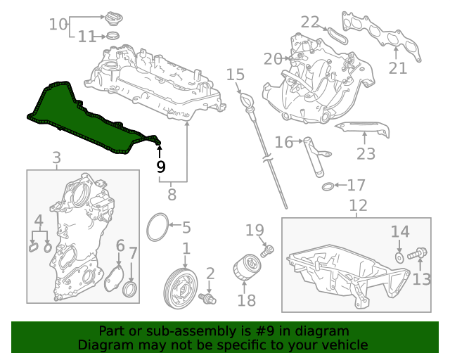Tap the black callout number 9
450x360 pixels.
click(161, 167)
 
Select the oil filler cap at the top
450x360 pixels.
click(112, 20)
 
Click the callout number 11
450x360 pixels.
click(87, 37)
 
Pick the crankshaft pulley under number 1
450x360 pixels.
click(181, 288)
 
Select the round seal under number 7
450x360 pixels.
click(129, 290)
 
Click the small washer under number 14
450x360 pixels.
click(399, 258)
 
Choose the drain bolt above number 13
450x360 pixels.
click(417, 254)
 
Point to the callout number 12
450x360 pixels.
click(358, 205)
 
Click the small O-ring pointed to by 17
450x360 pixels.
click(328, 186)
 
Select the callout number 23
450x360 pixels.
click(366, 153)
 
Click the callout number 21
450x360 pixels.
click(398, 68)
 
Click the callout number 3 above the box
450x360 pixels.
click(57, 157)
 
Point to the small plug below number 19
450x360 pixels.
click(267, 250)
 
